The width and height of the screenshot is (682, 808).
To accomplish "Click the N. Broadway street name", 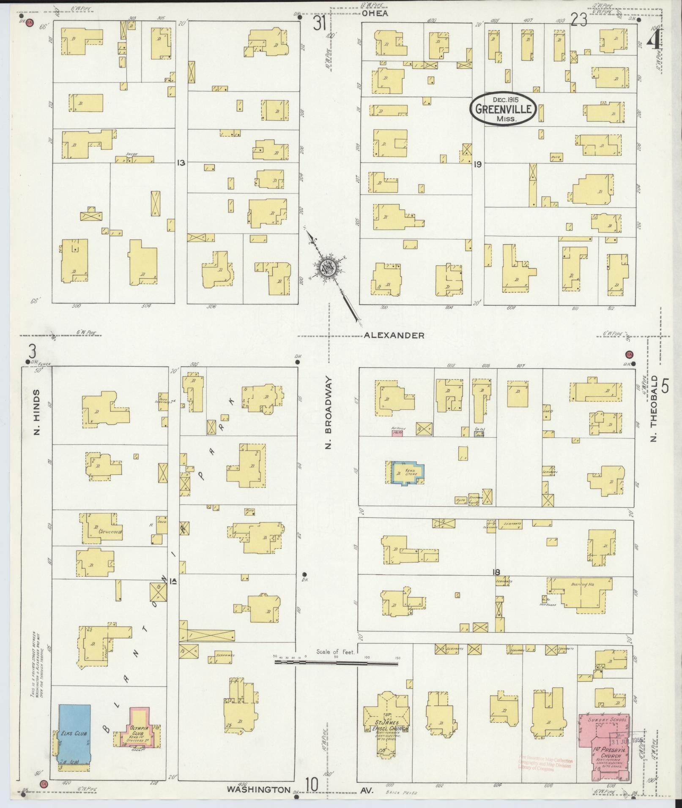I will click(x=329, y=413).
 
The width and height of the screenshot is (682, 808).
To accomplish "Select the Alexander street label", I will click(x=394, y=335).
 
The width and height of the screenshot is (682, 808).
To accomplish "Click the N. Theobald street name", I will click(x=655, y=408).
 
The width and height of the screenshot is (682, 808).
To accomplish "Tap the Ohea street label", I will click(x=375, y=13).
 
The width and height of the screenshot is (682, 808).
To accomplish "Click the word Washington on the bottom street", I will click(x=258, y=789).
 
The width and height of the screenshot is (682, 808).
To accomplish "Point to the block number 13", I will click(x=181, y=162).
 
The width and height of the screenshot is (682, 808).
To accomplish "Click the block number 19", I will click(x=478, y=164).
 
